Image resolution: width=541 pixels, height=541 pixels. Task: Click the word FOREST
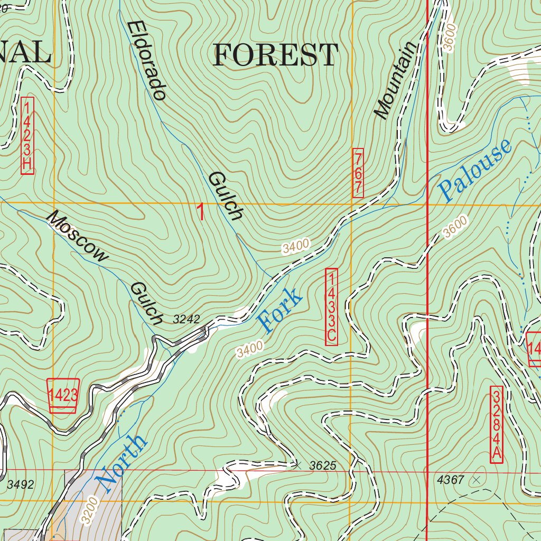pyautogui.click(x=275, y=55)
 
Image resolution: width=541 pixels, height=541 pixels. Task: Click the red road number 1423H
pyautogui.click(x=27, y=135)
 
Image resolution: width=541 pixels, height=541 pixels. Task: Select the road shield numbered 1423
pyautogui.click(x=63, y=395)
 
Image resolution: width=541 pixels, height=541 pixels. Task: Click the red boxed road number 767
pyautogui.click(x=358, y=173)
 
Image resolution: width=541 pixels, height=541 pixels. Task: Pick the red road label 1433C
pyautogui.click(x=331, y=307)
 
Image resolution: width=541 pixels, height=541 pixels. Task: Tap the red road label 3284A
pyautogui.click(x=496, y=425)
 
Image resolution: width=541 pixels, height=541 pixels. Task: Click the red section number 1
pyautogui.click(x=201, y=212)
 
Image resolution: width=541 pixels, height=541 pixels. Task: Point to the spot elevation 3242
pyautogui.click(x=186, y=319)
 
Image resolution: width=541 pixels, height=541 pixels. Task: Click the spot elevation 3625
pyautogui.click(x=322, y=465)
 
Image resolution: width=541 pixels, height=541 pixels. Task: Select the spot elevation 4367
pyautogui.click(x=451, y=480)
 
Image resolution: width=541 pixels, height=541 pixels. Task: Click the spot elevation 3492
pyautogui.click(x=21, y=484)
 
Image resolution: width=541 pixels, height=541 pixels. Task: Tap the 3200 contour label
pyautogui.click(x=89, y=509)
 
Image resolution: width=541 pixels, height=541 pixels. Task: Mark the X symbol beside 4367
pyautogui.click(x=477, y=480)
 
